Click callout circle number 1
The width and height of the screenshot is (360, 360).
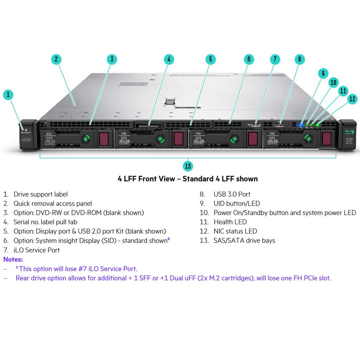coord(8,95)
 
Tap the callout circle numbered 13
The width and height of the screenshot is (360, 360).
coord(188,166)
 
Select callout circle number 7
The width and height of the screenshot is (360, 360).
coord(275,59)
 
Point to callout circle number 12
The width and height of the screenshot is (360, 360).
coord(352,99)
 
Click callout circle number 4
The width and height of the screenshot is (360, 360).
coord(169,59)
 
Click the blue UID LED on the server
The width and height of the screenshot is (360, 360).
coord(301,125)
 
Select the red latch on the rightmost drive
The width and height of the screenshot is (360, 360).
coord(327,139)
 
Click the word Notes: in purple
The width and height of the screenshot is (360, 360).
coord(13,259)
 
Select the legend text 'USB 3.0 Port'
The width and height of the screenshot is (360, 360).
coord(232,194)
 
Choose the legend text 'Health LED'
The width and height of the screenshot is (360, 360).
coord(230,222)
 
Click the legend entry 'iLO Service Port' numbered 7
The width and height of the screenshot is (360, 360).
coord(37,250)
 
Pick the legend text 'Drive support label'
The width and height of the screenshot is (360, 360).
coord(40,194)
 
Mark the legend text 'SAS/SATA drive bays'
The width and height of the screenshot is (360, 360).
coord(244,241)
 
